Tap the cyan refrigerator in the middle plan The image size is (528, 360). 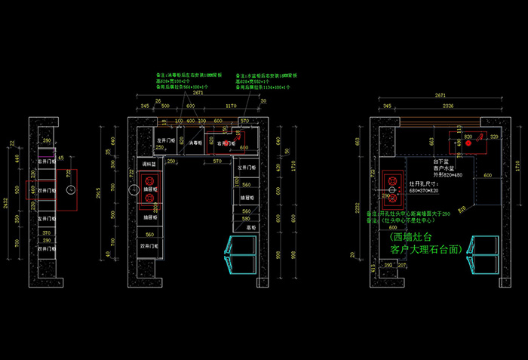242,254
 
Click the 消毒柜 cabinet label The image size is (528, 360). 195,142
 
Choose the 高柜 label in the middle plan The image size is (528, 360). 247,226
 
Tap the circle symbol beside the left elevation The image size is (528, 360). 69,192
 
